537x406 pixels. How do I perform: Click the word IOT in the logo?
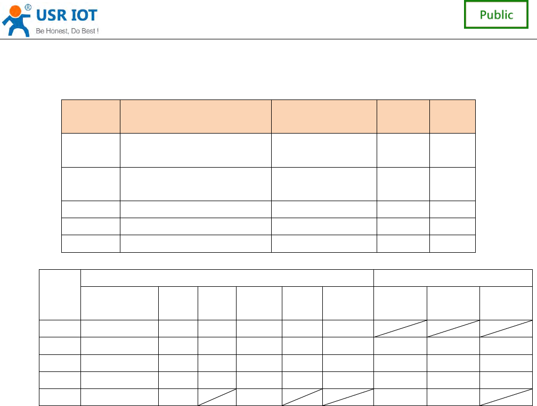point(84,15)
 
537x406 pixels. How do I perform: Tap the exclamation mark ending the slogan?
point(97,31)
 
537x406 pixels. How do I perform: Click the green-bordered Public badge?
point(496,15)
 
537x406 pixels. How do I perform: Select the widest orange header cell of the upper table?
point(196,116)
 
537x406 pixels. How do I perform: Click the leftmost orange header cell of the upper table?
point(91,116)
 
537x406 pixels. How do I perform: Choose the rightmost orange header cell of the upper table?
point(452,116)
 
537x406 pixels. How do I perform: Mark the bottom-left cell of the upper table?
point(91,243)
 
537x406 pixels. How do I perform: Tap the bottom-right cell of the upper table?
point(452,243)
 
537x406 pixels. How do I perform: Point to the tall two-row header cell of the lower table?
point(60,295)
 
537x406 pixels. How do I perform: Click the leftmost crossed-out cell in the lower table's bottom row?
point(217,397)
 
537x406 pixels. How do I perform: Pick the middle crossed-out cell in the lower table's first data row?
point(453,328)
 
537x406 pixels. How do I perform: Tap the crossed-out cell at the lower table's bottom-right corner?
point(506,397)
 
